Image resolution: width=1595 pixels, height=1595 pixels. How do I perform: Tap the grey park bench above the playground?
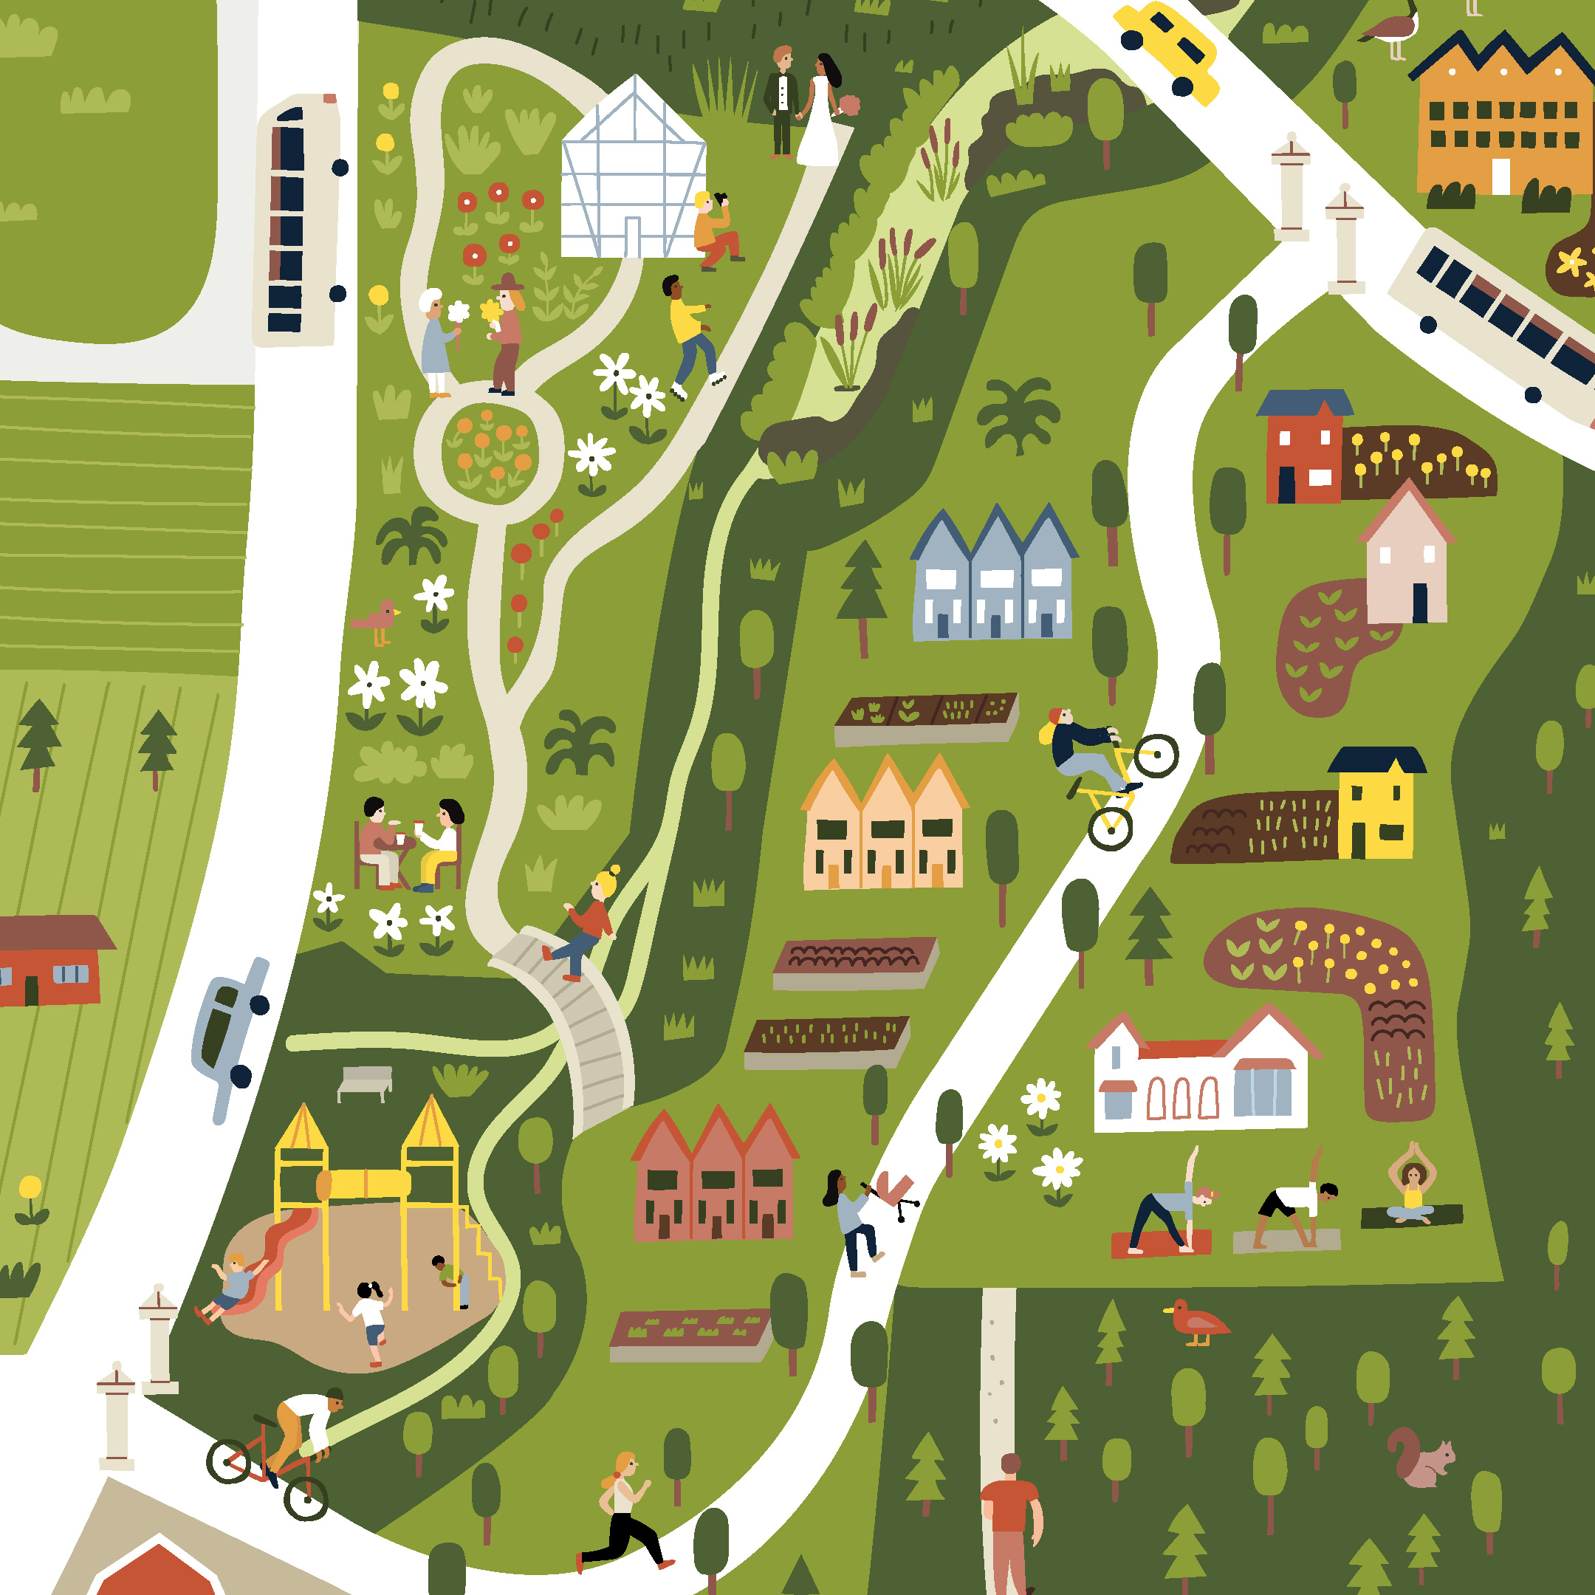click(365, 1082)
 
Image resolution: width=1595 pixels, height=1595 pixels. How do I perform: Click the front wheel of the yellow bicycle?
click(1156, 755)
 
